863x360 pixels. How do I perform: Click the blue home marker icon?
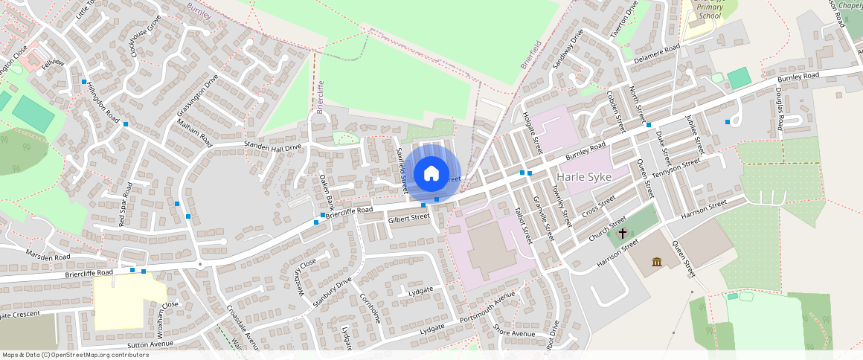(x=431, y=174)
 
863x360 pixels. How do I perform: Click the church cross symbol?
(x=623, y=233)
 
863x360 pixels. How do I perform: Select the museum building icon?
(x=657, y=262)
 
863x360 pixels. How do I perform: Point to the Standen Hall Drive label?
(x=273, y=147)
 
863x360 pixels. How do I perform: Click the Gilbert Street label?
(x=409, y=218)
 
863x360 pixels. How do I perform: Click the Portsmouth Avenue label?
(x=487, y=308)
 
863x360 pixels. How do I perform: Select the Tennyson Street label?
(x=676, y=167)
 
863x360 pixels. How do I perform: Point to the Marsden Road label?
(x=48, y=257)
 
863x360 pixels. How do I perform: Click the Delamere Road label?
(x=657, y=53)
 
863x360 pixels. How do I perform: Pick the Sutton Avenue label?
(x=150, y=344)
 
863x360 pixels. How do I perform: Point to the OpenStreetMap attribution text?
(x=75, y=355)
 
